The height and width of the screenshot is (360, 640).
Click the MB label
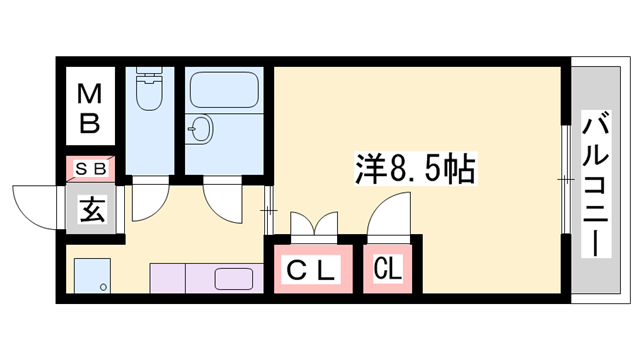click(90, 110)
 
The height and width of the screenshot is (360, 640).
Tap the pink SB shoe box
click(92, 169)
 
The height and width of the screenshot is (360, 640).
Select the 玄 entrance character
click(91, 210)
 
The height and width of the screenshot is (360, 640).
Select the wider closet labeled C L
click(311, 269)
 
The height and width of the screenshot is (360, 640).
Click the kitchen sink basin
click(236, 279)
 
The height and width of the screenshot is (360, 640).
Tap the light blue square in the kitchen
click(92, 274)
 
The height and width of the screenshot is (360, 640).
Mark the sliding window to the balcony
click(565, 180)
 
